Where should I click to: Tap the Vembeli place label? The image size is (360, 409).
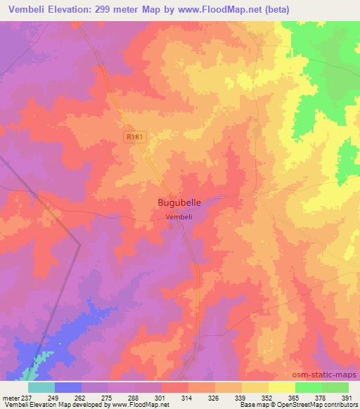click(179, 217)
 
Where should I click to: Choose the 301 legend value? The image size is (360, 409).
click(161, 398)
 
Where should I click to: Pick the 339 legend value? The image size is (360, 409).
click(241, 398)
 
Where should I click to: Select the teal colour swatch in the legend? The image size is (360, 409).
click(41, 387)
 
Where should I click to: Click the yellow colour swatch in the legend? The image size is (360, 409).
click(281, 387)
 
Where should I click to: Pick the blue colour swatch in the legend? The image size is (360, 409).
click(68, 387)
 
